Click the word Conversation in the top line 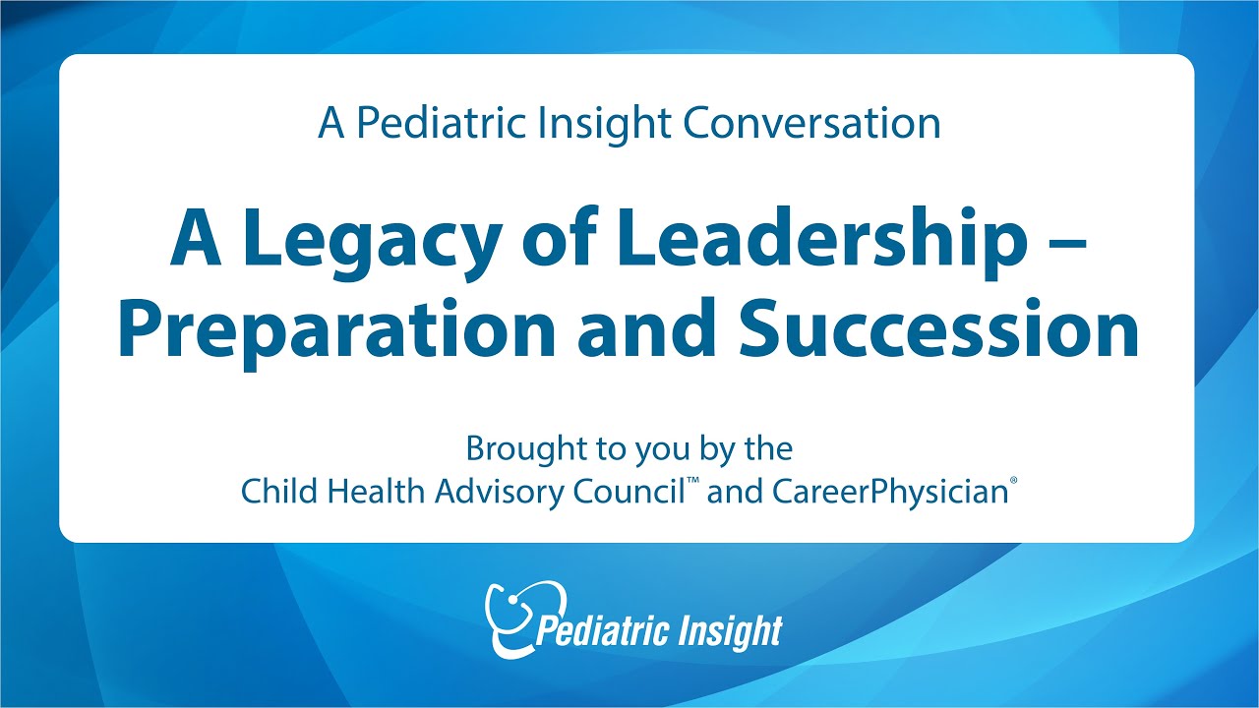pos(811,124)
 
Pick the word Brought pos(522,449)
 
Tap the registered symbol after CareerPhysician pos(1012,482)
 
